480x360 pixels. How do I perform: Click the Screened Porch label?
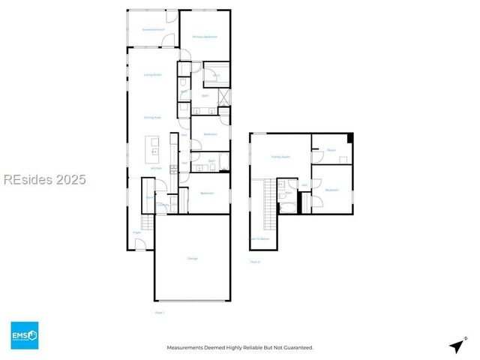click(154, 30)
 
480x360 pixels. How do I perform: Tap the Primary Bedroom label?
click(204, 37)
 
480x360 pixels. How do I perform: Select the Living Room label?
click(153, 75)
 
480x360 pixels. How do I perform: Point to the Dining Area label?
click(154, 117)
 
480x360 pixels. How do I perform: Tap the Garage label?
click(193, 259)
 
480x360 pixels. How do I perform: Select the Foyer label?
click(137, 233)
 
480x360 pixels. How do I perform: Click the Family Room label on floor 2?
click(280, 157)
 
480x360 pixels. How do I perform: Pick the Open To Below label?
click(259, 239)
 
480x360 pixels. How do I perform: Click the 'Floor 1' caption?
click(159, 313)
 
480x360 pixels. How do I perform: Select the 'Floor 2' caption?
click(255, 262)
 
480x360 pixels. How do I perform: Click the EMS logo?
click(24, 335)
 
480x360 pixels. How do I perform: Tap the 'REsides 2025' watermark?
click(44, 180)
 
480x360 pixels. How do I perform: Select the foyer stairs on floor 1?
click(147, 222)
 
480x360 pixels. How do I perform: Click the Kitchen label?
click(156, 168)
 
